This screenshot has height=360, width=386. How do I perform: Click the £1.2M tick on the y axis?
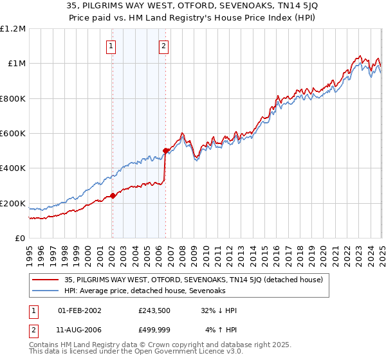13,29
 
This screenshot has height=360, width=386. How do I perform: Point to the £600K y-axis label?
13,134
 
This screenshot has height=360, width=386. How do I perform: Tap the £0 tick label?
21,239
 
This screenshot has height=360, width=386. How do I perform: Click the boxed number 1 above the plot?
112,46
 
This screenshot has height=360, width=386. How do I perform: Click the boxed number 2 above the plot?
164,46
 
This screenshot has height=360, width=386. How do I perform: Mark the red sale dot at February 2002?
112,195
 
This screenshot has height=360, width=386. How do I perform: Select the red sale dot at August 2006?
165,151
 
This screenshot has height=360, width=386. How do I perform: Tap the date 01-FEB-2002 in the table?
79,310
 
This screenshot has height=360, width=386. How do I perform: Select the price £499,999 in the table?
154,330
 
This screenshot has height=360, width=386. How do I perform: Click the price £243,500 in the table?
154,310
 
